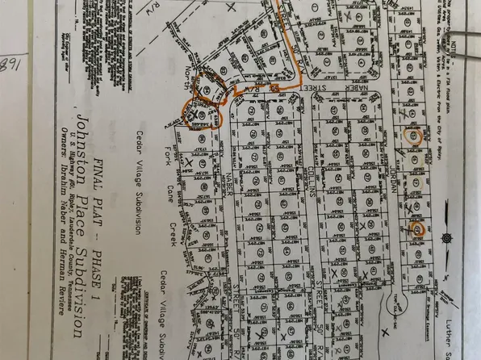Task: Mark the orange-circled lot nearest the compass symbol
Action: (x=417, y=229)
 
